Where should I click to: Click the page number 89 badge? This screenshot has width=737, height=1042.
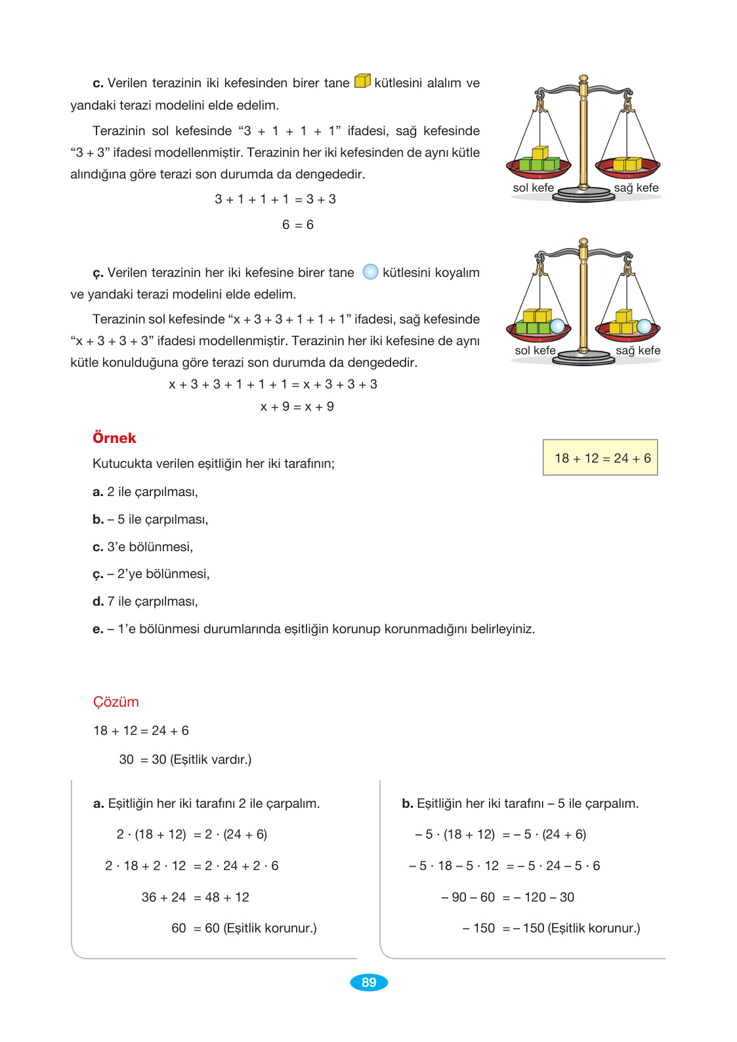click(369, 982)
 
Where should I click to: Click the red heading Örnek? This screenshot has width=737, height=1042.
click(114, 438)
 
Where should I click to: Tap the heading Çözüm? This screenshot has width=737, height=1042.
click(116, 701)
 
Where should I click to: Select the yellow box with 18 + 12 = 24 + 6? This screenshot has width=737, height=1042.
click(600, 457)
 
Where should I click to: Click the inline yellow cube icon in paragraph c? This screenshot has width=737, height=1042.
click(362, 81)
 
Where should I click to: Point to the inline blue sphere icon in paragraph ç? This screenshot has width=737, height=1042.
click(370, 272)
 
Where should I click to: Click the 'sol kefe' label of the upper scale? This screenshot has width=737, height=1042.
click(533, 188)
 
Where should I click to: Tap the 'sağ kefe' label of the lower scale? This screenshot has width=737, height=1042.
click(638, 350)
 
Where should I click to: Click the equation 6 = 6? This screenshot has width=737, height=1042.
click(297, 224)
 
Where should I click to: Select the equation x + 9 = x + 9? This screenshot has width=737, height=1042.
click(297, 406)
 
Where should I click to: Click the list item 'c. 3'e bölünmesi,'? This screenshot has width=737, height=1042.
click(143, 547)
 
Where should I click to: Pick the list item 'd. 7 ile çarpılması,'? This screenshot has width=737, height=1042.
click(145, 601)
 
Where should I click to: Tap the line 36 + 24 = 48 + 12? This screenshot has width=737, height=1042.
click(195, 897)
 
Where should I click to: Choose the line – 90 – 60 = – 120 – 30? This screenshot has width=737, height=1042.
click(507, 897)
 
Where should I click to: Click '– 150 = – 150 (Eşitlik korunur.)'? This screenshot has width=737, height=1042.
click(551, 928)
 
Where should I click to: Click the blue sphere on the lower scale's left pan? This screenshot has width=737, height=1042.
click(557, 326)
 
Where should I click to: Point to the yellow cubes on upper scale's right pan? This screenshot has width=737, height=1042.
click(627, 164)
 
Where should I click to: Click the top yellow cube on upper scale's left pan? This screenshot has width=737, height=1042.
click(539, 153)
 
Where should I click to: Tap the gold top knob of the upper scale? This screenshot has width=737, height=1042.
click(583, 79)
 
